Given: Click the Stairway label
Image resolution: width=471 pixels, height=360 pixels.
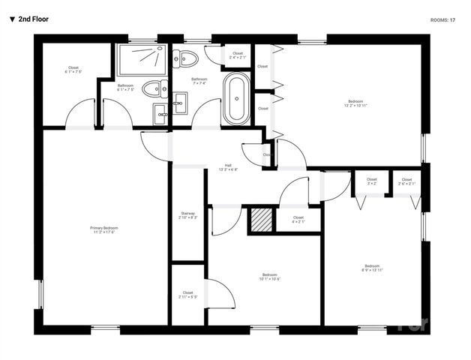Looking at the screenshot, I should pyautogui.click(x=188, y=215).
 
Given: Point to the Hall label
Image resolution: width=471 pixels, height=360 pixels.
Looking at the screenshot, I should pyautogui.click(x=228, y=167).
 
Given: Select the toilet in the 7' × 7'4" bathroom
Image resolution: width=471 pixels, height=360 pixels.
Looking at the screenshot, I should pyautogui.click(x=186, y=58).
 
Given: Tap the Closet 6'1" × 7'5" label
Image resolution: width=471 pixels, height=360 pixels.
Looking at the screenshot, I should pyautogui.click(x=73, y=70).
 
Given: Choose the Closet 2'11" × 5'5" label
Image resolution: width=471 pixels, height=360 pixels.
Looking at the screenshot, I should pyautogui.click(x=187, y=295).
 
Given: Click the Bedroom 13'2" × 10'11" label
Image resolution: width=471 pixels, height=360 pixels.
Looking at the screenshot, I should pyautogui.click(x=355, y=103).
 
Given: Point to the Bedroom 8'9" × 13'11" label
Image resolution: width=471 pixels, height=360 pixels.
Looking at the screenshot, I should pyautogui.click(x=373, y=268).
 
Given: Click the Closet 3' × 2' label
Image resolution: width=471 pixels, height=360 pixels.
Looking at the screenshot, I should pyautogui.click(x=372, y=181).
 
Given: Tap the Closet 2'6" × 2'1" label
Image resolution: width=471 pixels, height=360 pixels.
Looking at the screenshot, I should pyautogui.click(x=406, y=181).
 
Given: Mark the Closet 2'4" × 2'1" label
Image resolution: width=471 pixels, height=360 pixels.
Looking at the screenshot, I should pyautogui.click(x=238, y=55).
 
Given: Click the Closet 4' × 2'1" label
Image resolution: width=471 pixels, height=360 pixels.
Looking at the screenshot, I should pyautogui.click(x=298, y=219).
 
